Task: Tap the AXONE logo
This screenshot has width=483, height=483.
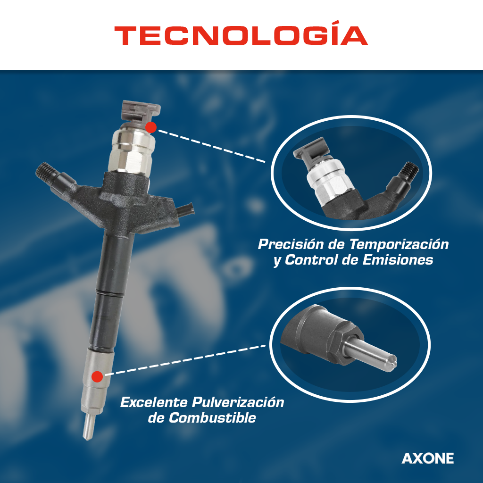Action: point(427,458)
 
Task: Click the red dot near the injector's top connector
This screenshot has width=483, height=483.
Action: point(151,127)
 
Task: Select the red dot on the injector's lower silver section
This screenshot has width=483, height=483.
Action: point(97,376)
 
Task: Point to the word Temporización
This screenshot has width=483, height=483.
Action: point(399,244)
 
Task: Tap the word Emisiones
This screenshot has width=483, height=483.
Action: point(398,260)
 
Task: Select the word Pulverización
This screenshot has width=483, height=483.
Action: point(238,402)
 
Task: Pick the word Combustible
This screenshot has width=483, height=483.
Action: point(212,418)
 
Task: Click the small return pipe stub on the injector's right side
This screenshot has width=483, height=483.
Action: point(186,210)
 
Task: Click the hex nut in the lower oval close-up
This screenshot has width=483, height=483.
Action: point(343,343)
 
